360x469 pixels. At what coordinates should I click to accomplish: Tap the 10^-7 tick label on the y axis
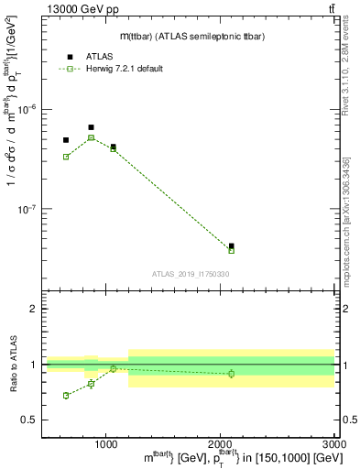[x=29, y=209]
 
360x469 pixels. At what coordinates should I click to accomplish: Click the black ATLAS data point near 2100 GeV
[x=231, y=245]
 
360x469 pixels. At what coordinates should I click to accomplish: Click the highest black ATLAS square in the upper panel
[x=91, y=127]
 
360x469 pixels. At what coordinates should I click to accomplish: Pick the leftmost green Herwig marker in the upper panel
[x=66, y=157]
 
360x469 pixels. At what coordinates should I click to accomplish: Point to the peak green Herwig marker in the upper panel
[x=91, y=137]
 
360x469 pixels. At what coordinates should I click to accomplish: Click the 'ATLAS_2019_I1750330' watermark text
[x=191, y=274]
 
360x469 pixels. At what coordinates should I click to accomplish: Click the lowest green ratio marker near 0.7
[x=66, y=396]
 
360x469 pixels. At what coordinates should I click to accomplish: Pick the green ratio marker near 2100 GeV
[x=231, y=374]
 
